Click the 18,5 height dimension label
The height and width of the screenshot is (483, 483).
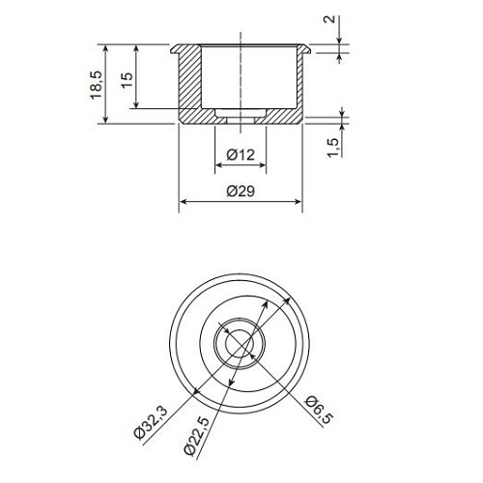pyautogui.click(x=96, y=85)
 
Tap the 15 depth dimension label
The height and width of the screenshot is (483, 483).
pyautogui.click(x=127, y=80)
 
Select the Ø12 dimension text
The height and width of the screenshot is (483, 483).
pyautogui.click(x=241, y=155)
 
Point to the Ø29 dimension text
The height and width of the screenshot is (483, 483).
pyautogui.click(x=241, y=191)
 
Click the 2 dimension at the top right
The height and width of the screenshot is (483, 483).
pyautogui.click(x=329, y=19)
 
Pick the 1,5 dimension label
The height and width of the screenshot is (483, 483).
pyautogui.click(x=333, y=148)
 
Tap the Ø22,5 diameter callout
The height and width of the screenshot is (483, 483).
pyautogui.click(x=196, y=436)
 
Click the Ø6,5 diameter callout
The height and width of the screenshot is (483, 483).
pyautogui.click(x=320, y=410)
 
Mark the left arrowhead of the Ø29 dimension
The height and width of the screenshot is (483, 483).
pyautogui.click(x=183, y=202)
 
